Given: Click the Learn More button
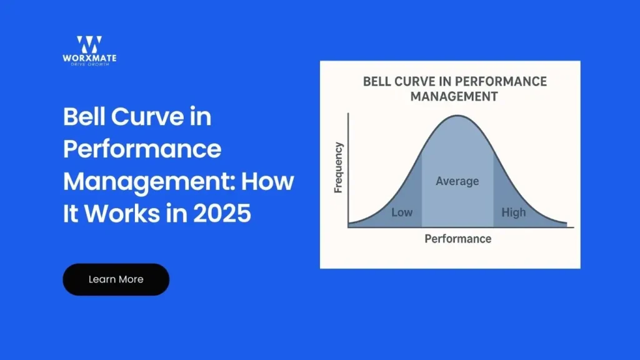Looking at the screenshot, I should coord(116,279).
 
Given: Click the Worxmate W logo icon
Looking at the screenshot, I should coord(89,44).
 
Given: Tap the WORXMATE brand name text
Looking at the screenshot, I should coord(89,59).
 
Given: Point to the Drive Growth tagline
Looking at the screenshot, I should coord(89,64).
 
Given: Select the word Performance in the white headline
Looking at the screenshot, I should coord(142,149).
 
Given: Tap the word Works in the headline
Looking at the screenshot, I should coord(122,214).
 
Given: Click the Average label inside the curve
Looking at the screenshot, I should coord(457,181).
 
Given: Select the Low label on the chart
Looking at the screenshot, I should coord(401,212).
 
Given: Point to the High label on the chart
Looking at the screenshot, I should coord(514,212).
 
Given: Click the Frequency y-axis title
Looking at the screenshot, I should coord(338,167).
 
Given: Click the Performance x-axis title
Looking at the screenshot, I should coord(457,239).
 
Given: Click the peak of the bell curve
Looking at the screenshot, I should coord(457,116).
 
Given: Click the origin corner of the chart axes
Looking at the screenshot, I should coord(348,226).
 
